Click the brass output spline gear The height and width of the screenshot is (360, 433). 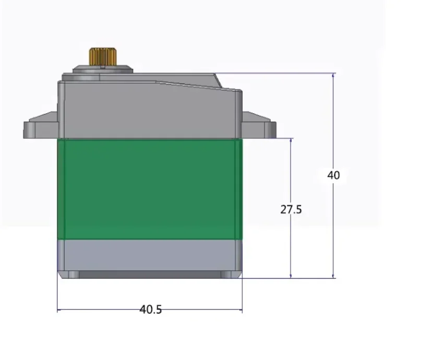[x=102, y=56]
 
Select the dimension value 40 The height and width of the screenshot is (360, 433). [x=333, y=175]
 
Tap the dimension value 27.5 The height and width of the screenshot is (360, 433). [x=291, y=210]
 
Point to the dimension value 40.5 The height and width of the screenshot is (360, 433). [x=150, y=309]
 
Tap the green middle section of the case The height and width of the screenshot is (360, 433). [x=149, y=188]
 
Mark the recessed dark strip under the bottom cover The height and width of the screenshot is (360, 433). [x=149, y=274]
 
